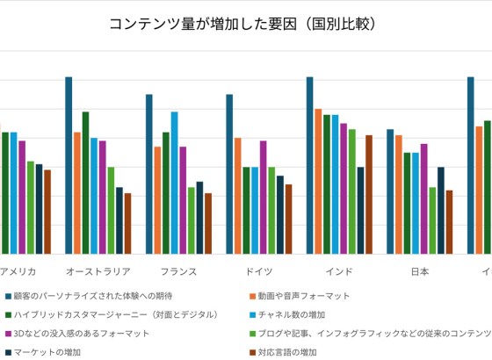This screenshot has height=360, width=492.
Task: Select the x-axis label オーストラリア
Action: click(98, 271)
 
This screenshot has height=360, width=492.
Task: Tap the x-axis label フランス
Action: click(178, 271)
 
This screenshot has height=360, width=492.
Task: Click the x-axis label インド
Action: click(339, 271)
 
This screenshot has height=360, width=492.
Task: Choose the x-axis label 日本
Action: click(420, 271)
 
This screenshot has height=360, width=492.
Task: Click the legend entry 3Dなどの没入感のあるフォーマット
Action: click(80, 334)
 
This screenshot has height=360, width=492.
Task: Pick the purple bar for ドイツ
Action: click(263, 197)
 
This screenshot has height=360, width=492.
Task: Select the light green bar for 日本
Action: click(432, 220)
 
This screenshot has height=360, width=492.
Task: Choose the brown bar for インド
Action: click(369, 194)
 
